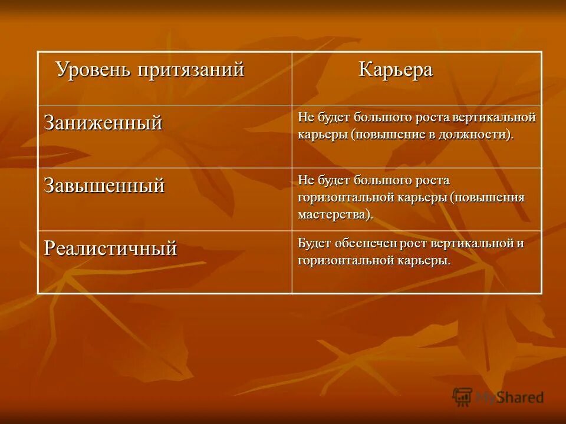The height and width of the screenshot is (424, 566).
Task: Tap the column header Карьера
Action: pyautogui.click(x=396, y=70)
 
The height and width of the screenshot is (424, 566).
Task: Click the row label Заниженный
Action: pyautogui.click(x=103, y=123)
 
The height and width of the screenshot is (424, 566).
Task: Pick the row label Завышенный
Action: pyautogui.click(x=104, y=186)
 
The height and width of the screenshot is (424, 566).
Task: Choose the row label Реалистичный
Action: pyautogui.click(x=110, y=249)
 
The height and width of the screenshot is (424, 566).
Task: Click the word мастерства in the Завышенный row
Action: pyautogui.click(x=333, y=214)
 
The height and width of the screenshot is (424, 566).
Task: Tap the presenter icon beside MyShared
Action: pyautogui.click(x=463, y=397)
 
